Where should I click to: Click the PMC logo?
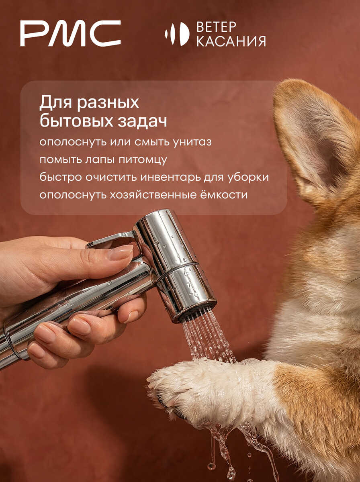tap(70, 33)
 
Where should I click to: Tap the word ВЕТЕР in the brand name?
tap(216, 27)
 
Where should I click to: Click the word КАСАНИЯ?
tap(231, 41)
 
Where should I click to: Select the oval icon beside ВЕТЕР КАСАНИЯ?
tap(177, 34)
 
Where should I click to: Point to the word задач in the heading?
tap(142, 121)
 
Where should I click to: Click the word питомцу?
tap(143, 160)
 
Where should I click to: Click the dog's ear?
tap(316, 141)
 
